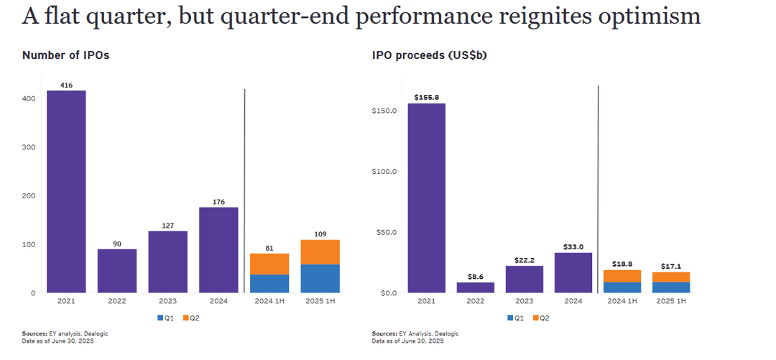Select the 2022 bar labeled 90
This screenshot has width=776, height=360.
coord(117,271)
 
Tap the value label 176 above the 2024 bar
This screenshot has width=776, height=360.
coord(218,201)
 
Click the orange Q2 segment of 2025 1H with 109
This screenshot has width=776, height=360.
coord(320,251)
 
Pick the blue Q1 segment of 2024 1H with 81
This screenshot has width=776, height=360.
coord(269,284)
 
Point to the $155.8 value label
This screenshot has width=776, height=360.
coord(426,97)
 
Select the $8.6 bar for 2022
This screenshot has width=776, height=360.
coord(476,287)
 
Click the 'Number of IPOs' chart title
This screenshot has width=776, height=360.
coord(65,55)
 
